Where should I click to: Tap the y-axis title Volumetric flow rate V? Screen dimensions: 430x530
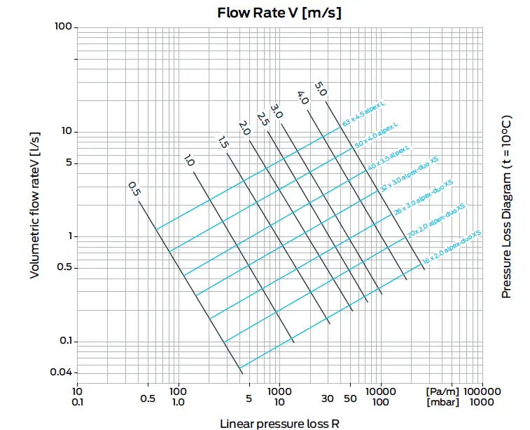34,203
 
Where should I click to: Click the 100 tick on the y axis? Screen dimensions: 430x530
63,27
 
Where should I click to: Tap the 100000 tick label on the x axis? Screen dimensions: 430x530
482,391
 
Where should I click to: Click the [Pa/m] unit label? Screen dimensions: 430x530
442,391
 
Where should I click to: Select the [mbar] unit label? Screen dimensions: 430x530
442,402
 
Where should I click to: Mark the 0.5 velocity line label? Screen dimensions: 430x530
134,189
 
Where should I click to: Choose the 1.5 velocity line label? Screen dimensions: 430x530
223,142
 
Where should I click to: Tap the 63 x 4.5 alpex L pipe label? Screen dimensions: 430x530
364,113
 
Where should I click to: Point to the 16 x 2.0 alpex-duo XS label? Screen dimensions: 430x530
452,247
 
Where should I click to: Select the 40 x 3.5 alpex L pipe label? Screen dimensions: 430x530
389,159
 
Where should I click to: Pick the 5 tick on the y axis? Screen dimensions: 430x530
69,163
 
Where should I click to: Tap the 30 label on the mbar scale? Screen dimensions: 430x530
327,402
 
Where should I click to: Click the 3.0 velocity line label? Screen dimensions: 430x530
277,111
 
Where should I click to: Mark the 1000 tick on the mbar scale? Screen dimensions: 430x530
482,402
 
